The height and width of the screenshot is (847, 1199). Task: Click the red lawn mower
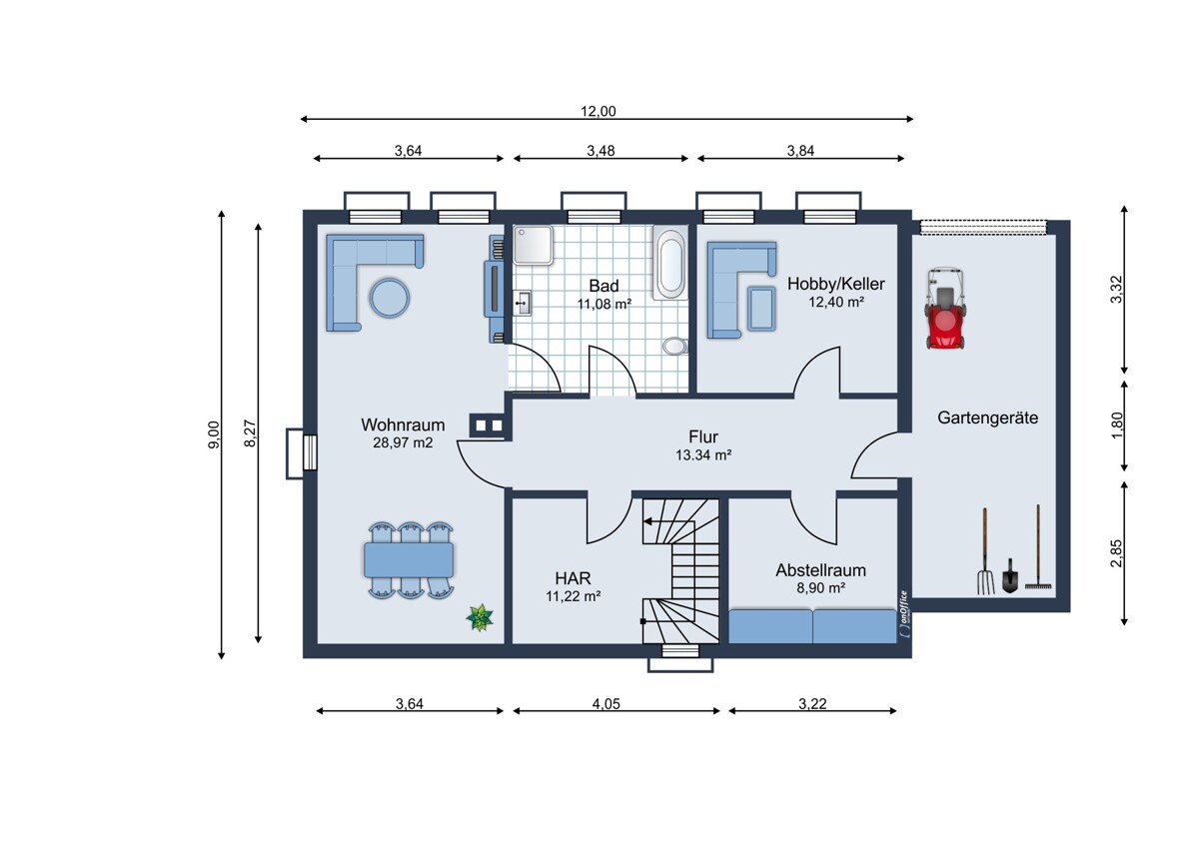click(x=946, y=310)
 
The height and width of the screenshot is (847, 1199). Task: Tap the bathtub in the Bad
click(x=670, y=263)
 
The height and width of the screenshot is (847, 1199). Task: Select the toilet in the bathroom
click(x=675, y=347)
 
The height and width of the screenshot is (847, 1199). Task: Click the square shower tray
click(x=534, y=245)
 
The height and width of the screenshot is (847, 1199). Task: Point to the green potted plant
click(x=480, y=617)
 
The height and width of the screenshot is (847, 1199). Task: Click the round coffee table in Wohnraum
click(x=389, y=298)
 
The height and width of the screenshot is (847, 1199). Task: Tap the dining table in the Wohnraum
click(x=409, y=559)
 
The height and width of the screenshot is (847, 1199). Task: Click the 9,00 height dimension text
click(x=214, y=434)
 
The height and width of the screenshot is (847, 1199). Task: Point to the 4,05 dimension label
click(x=605, y=703)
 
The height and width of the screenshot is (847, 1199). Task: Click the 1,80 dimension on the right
click(x=1117, y=425)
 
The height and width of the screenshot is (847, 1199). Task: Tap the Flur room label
click(x=703, y=436)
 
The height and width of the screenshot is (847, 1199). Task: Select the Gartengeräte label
click(x=987, y=418)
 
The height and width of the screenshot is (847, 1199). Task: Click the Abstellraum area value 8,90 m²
click(x=820, y=588)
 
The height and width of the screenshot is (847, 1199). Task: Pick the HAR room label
click(x=573, y=578)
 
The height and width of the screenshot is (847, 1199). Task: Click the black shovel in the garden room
click(x=1009, y=576)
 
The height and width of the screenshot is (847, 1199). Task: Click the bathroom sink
click(x=522, y=304)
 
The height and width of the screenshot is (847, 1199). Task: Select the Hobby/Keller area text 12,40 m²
click(x=835, y=303)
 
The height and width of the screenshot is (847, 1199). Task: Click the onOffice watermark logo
click(x=903, y=614)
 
